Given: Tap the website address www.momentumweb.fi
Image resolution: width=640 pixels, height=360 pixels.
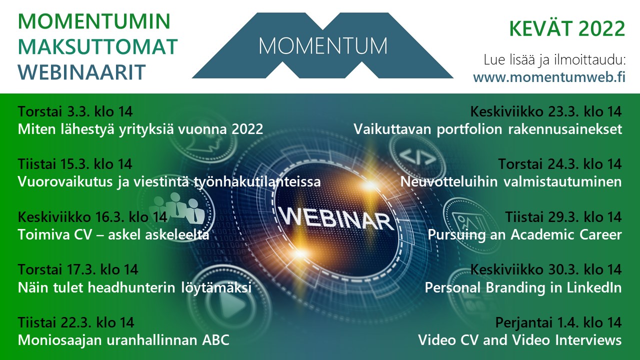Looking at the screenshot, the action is click(549, 77).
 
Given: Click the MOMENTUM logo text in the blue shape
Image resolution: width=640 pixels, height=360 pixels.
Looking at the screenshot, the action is click(323, 46).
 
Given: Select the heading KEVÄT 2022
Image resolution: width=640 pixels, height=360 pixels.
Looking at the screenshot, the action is click(567, 29).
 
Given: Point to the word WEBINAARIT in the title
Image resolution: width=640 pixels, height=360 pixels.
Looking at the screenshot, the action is click(82, 72).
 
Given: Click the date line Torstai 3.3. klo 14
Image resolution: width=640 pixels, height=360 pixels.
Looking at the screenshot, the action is click(75, 111).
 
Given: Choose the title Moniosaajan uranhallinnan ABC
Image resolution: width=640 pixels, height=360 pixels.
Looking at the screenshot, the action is click(123, 340).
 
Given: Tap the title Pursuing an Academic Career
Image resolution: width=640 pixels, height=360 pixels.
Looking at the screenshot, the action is click(524, 235).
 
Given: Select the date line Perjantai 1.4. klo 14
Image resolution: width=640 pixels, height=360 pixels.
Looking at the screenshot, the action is click(558, 322).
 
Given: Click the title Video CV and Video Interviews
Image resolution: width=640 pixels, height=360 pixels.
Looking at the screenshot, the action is click(520, 340).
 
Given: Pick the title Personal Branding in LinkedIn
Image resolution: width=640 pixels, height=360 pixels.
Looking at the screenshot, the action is click(523, 287).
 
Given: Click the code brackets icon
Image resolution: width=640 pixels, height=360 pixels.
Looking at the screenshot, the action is click(417, 156).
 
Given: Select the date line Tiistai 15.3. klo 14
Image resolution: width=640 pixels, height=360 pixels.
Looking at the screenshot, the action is click(75, 164).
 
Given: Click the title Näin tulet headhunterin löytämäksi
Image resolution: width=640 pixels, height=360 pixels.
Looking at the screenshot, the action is click(134, 287).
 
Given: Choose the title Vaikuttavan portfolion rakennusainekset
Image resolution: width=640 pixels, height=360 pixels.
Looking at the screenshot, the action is click(487, 129).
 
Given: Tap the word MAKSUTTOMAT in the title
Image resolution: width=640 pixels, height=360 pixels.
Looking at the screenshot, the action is click(97, 46).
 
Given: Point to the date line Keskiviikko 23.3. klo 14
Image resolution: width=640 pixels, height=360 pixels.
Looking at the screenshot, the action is click(546, 111).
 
